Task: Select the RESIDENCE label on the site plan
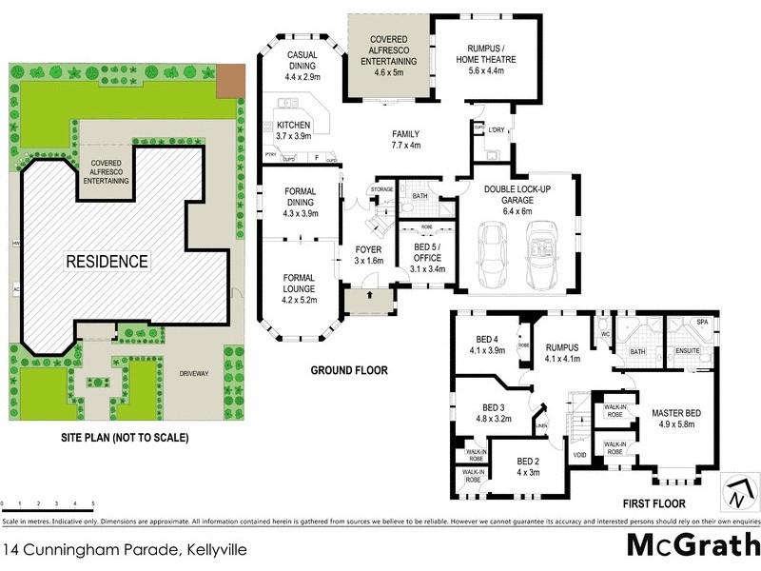tap(107, 261)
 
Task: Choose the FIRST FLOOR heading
tap(668, 503)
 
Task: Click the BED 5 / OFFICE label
tap(425, 250)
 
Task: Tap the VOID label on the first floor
tap(579, 455)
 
